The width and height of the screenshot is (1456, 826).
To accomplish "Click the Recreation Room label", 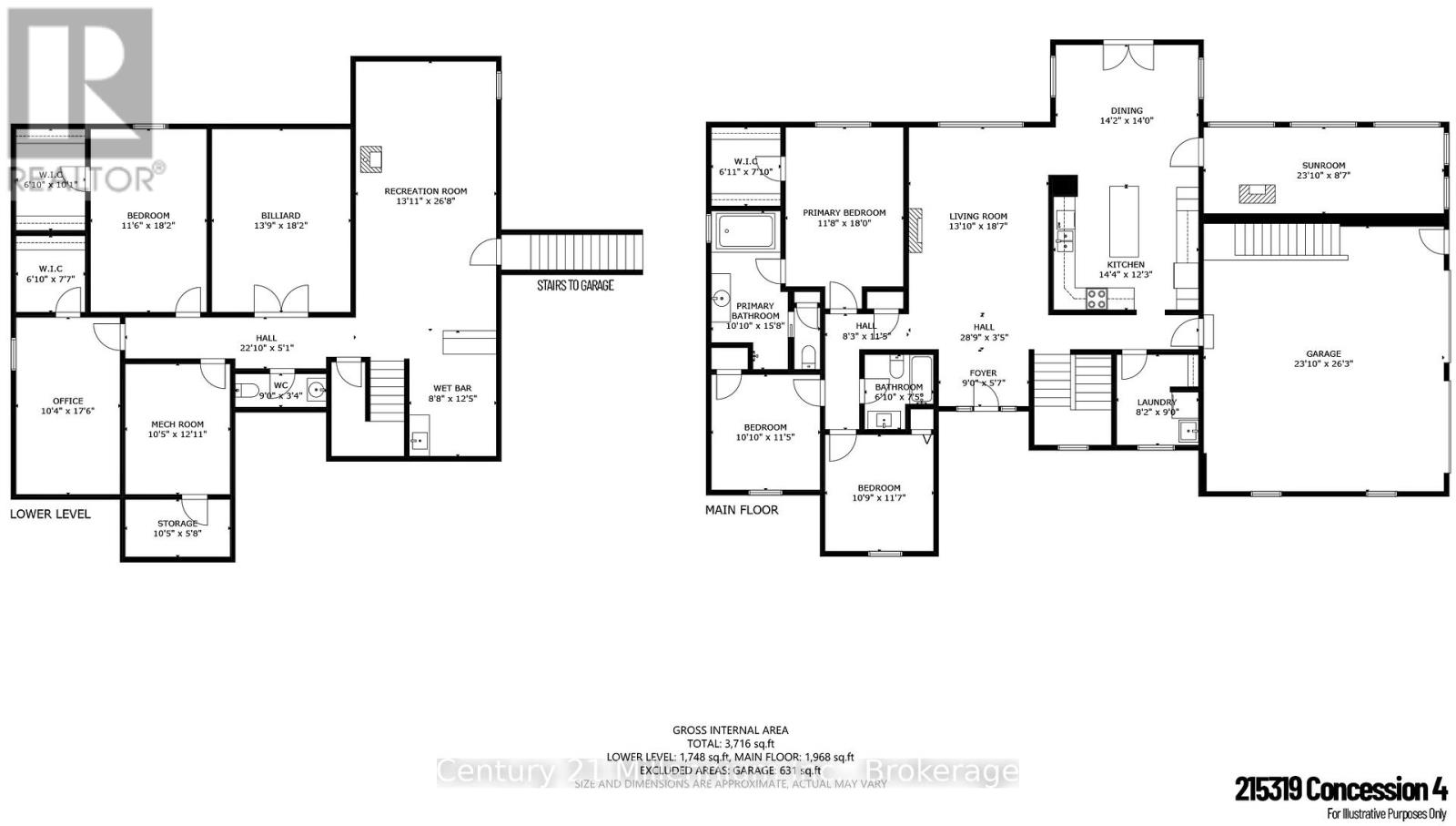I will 425,191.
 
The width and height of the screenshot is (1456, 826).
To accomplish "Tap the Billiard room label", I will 279,216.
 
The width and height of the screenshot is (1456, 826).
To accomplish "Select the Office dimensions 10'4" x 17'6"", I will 67,411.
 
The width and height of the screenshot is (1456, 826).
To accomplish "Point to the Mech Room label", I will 177,424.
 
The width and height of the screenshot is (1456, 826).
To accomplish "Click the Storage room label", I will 177,524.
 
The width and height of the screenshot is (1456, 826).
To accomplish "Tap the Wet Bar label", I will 451,388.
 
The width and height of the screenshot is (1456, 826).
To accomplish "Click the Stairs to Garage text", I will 575,285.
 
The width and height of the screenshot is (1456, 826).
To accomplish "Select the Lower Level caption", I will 50,514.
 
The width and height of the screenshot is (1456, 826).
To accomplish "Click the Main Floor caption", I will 742,510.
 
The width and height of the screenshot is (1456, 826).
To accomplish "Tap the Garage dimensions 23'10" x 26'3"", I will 1323,363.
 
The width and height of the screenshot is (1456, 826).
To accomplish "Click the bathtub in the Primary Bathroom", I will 744,231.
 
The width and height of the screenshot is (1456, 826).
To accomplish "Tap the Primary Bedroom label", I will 844,213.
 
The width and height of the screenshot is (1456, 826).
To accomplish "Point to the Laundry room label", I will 1156,402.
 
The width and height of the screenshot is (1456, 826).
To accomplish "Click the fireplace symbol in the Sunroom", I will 1257,193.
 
